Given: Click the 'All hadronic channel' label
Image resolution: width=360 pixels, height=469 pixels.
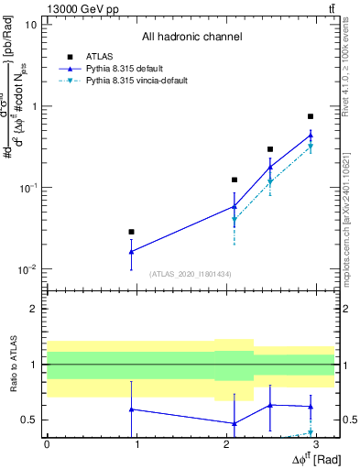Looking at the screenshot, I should (191, 38).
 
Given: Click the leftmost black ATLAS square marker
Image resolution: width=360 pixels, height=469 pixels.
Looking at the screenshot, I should (131, 232).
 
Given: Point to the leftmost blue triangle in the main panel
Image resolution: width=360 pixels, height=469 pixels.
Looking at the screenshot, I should (131, 251).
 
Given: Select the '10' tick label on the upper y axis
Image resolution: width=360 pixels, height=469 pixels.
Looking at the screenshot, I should (31, 24).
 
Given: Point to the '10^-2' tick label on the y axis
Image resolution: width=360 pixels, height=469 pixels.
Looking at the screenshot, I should (27, 269).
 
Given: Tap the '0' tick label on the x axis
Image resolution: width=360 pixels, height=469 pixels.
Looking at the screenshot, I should (47, 443).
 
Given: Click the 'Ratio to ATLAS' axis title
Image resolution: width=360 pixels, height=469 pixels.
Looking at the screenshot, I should (10, 365).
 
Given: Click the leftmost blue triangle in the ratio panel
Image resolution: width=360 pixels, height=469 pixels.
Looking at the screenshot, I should (131, 409).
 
